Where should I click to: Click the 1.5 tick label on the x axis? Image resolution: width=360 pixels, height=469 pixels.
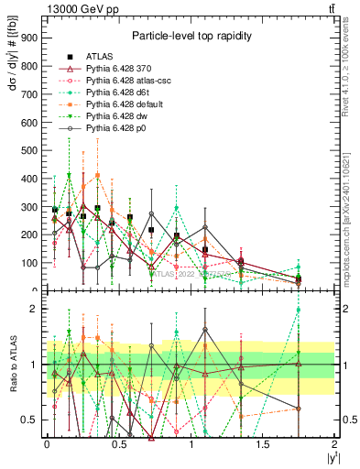pyautogui.click(x=263, y=443)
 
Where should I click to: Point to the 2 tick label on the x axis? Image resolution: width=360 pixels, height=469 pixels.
pyautogui.click(x=335, y=443)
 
